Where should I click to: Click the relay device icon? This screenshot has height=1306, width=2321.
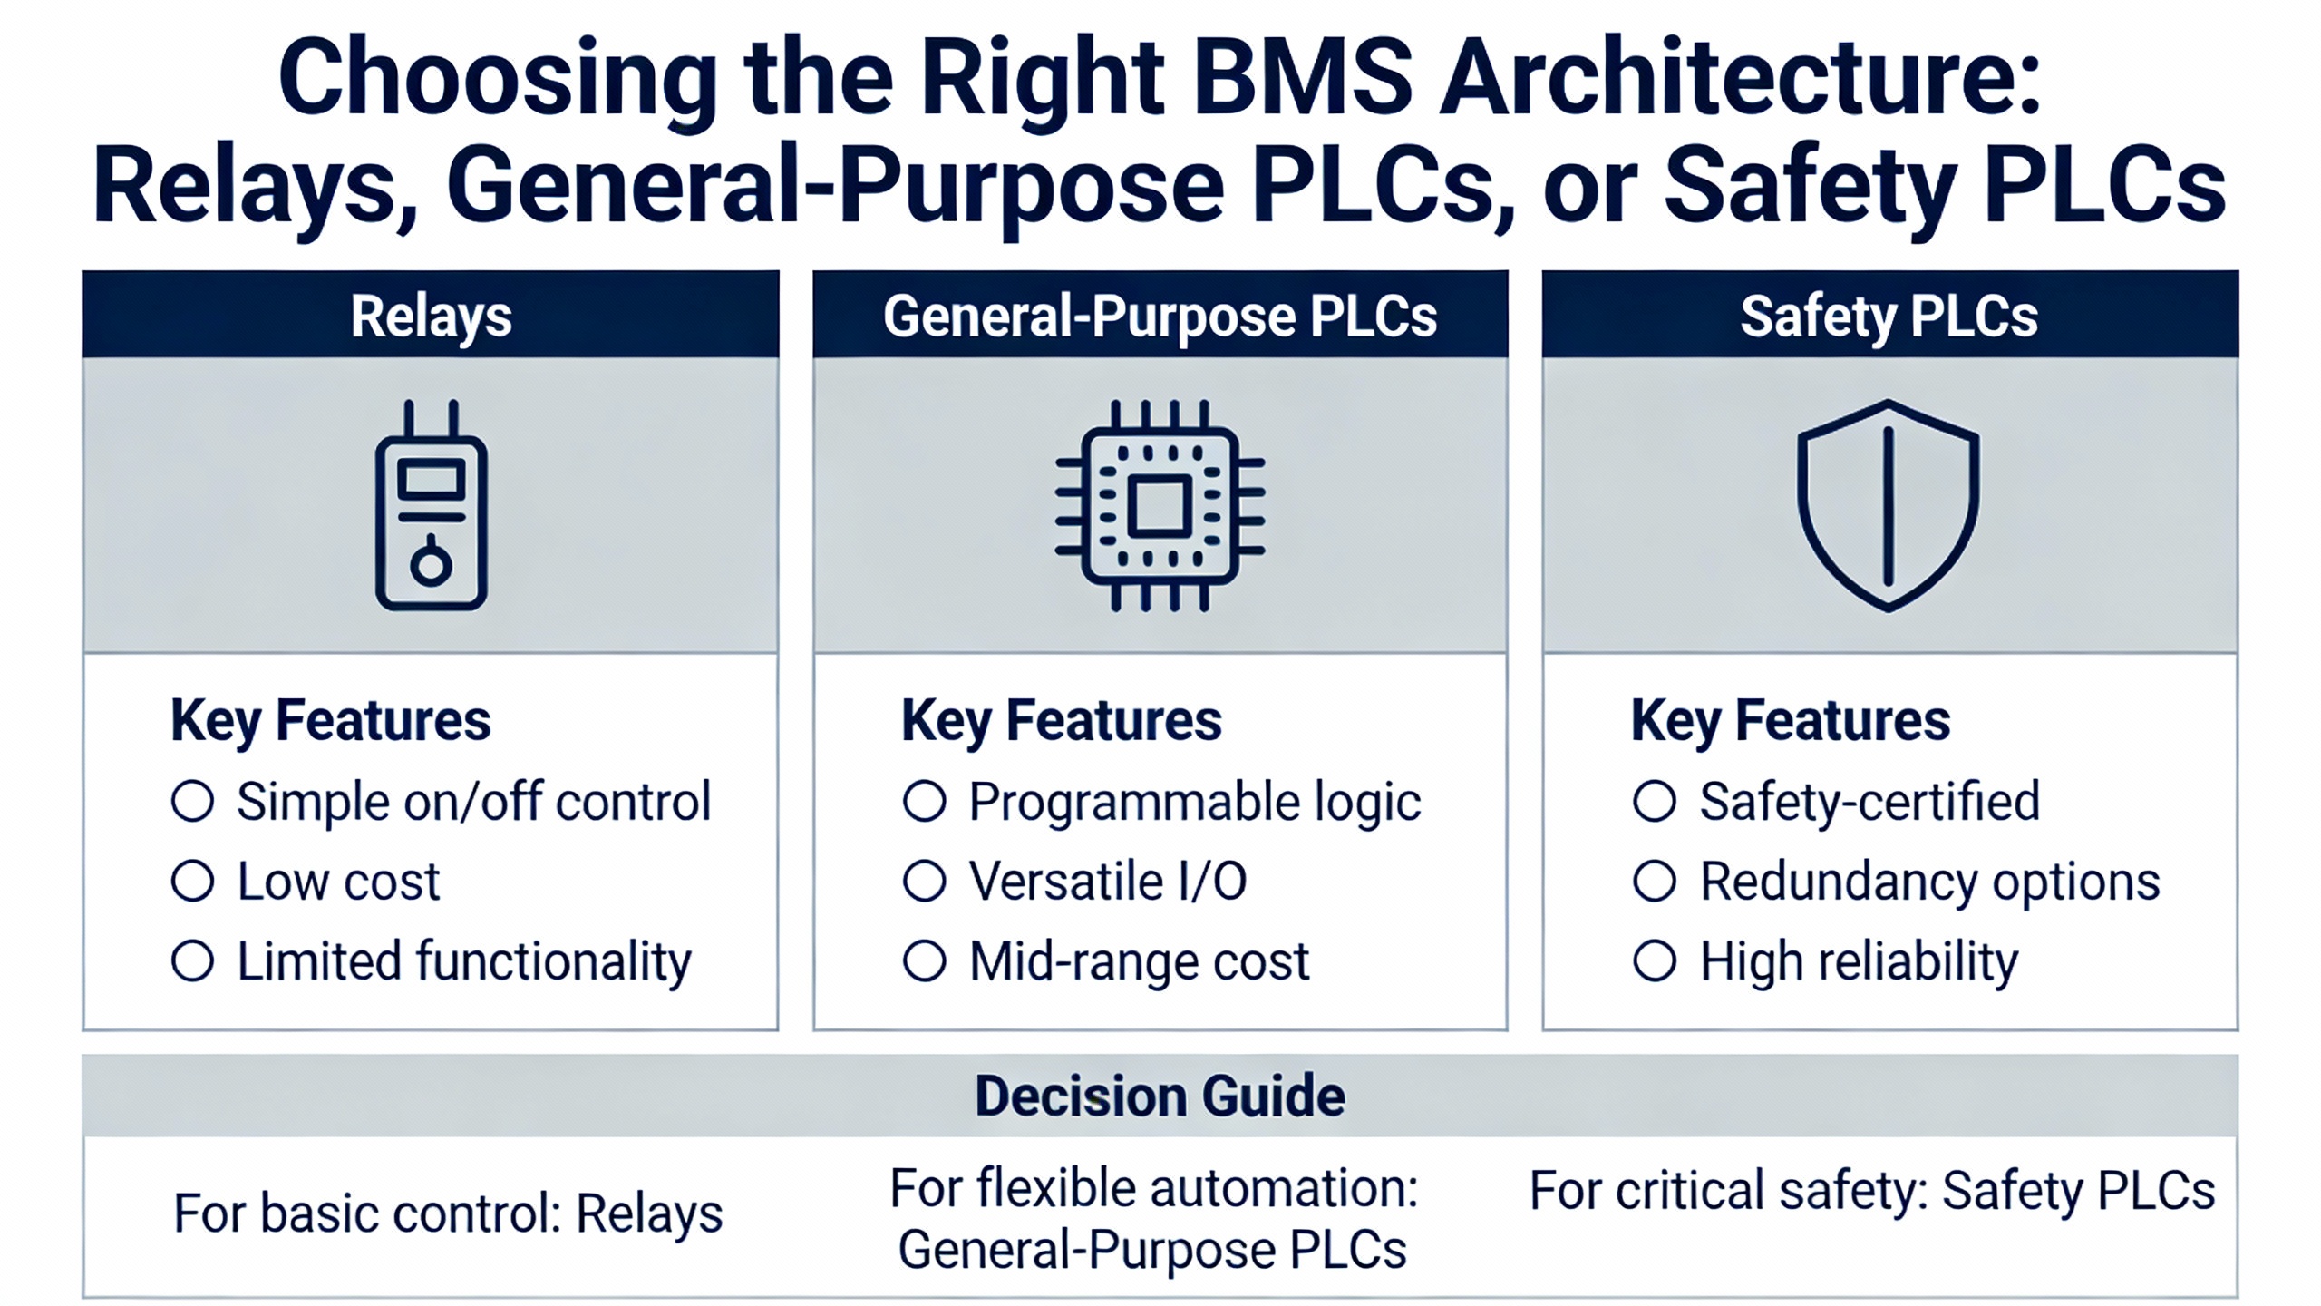click(x=432, y=508)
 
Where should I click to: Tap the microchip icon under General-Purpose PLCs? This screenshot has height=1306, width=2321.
click(x=1160, y=506)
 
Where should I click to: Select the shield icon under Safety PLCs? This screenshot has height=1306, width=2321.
click(x=1889, y=506)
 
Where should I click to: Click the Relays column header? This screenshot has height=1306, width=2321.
click(x=432, y=317)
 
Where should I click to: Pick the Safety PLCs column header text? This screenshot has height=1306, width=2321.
click(x=1889, y=317)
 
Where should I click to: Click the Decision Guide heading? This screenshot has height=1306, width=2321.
click(x=1160, y=1096)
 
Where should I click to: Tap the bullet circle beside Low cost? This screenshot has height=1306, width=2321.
click(x=192, y=881)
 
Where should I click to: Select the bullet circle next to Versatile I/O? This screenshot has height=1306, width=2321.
click(x=924, y=881)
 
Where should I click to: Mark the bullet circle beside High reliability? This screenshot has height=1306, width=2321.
click(x=1655, y=960)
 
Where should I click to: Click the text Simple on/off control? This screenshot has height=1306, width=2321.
click(x=473, y=802)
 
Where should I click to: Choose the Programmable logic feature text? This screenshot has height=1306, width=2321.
click(x=1194, y=803)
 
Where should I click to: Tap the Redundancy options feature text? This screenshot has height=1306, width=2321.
click(x=1929, y=882)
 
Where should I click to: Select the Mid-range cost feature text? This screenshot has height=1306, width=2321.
click(x=1139, y=961)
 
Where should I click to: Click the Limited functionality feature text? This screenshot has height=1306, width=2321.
click(x=464, y=961)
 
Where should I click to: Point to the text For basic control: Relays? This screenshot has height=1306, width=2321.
click(x=448, y=1213)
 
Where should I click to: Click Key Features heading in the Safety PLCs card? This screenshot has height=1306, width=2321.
click(x=1791, y=721)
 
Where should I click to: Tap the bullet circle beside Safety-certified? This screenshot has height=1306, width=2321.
click(x=1655, y=801)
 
